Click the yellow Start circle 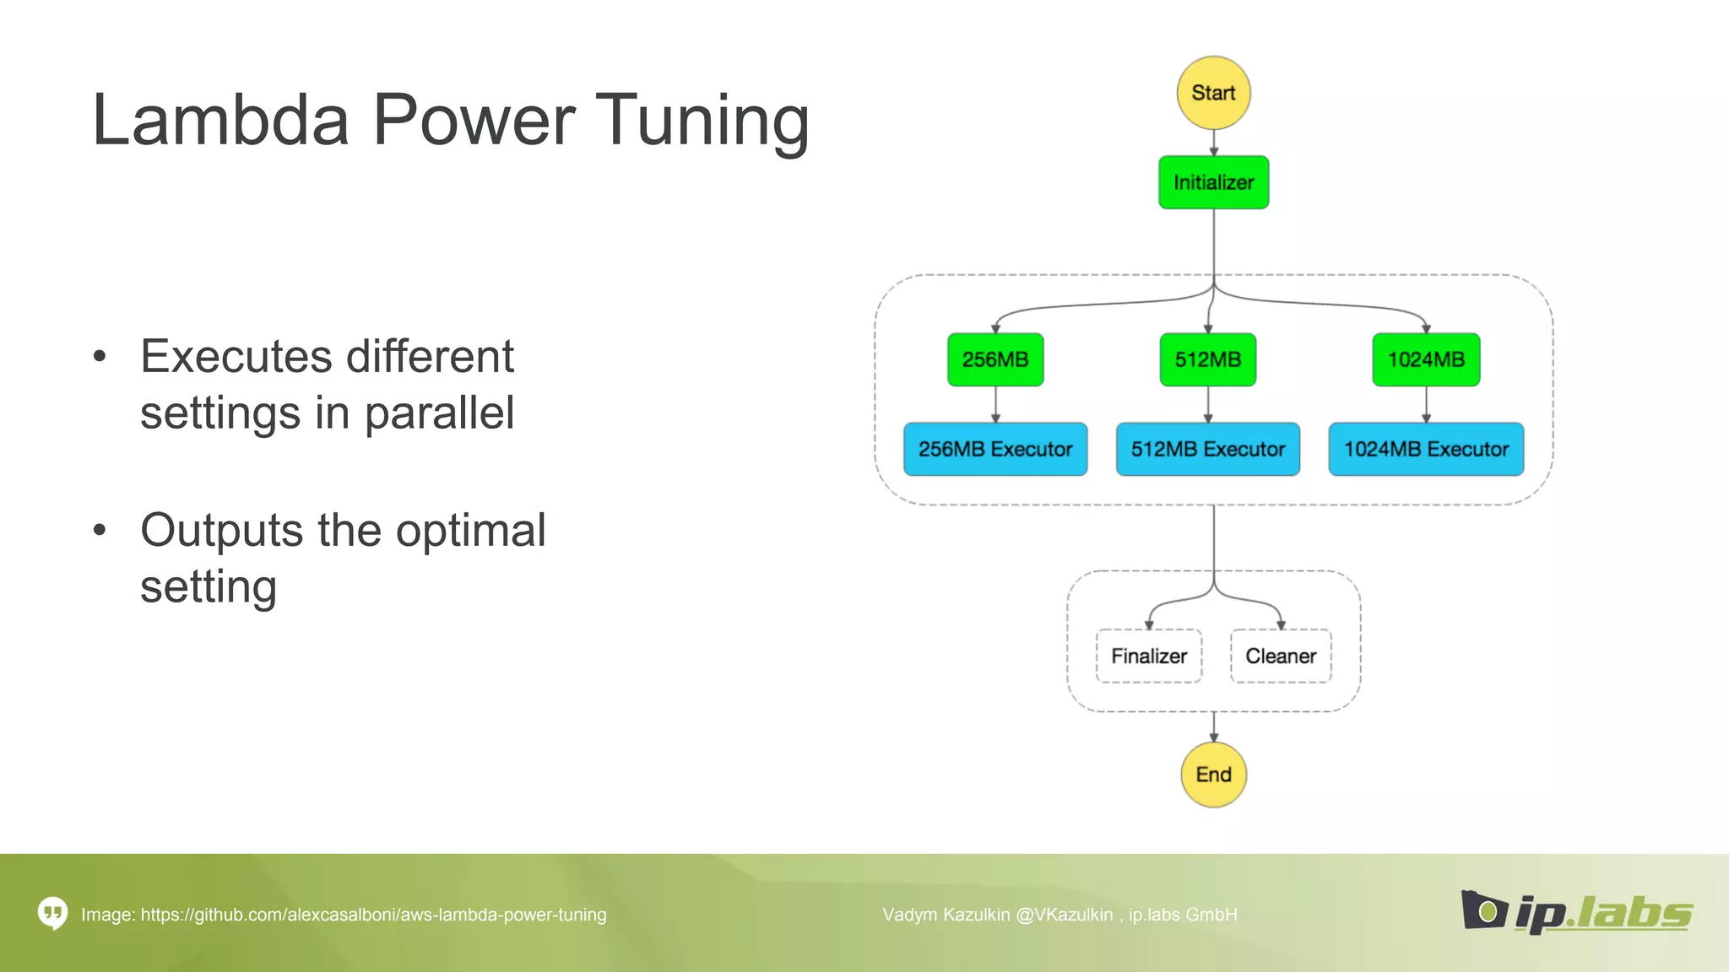(x=1213, y=93)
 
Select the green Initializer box (x=1213, y=182)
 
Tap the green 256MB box (x=995, y=359)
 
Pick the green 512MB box (x=1208, y=359)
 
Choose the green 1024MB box (x=1426, y=359)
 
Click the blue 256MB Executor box (x=995, y=449)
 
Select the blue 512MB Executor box (x=1208, y=449)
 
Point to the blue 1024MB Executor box (x=1426, y=449)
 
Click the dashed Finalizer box (x=1148, y=656)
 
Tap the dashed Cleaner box (x=1281, y=656)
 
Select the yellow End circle (x=1213, y=775)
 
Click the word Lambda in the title (x=220, y=120)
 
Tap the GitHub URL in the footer (x=373, y=915)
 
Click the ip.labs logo (x=1576, y=912)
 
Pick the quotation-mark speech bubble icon (x=52, y=913)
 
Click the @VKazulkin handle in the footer (x=1065, y=915)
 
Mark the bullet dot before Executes (x=100, y=357)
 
